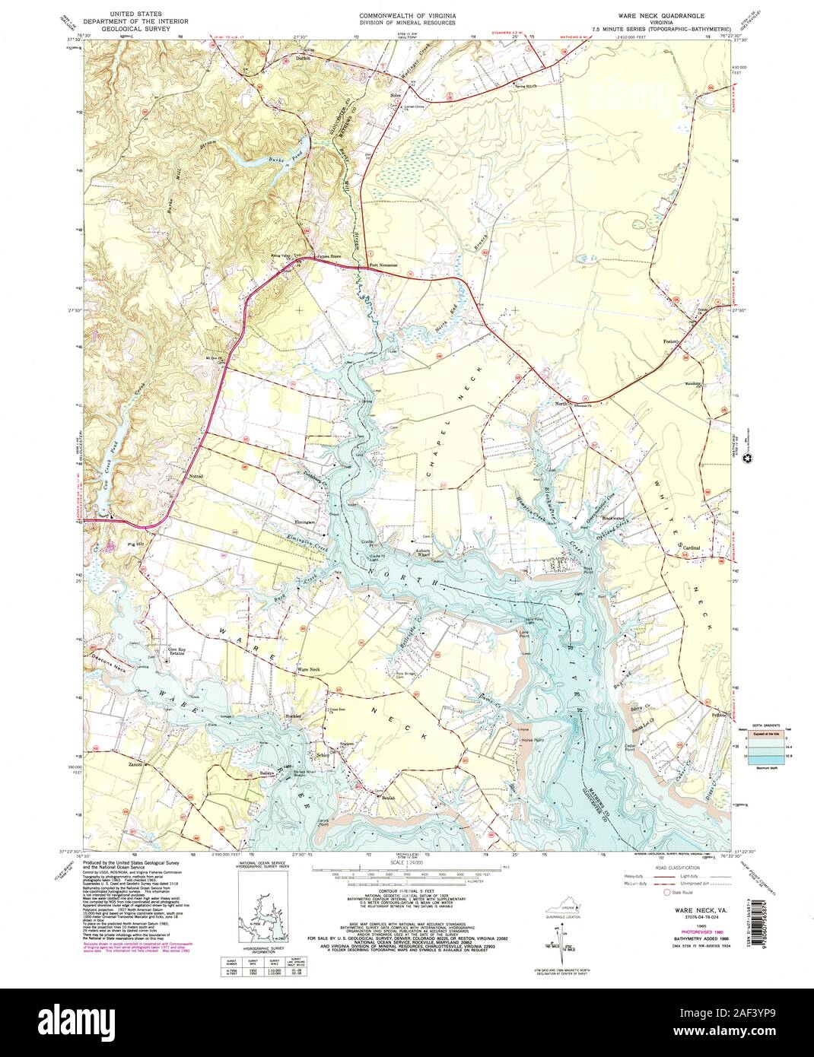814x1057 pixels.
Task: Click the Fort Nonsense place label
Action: tap(383, 265)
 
